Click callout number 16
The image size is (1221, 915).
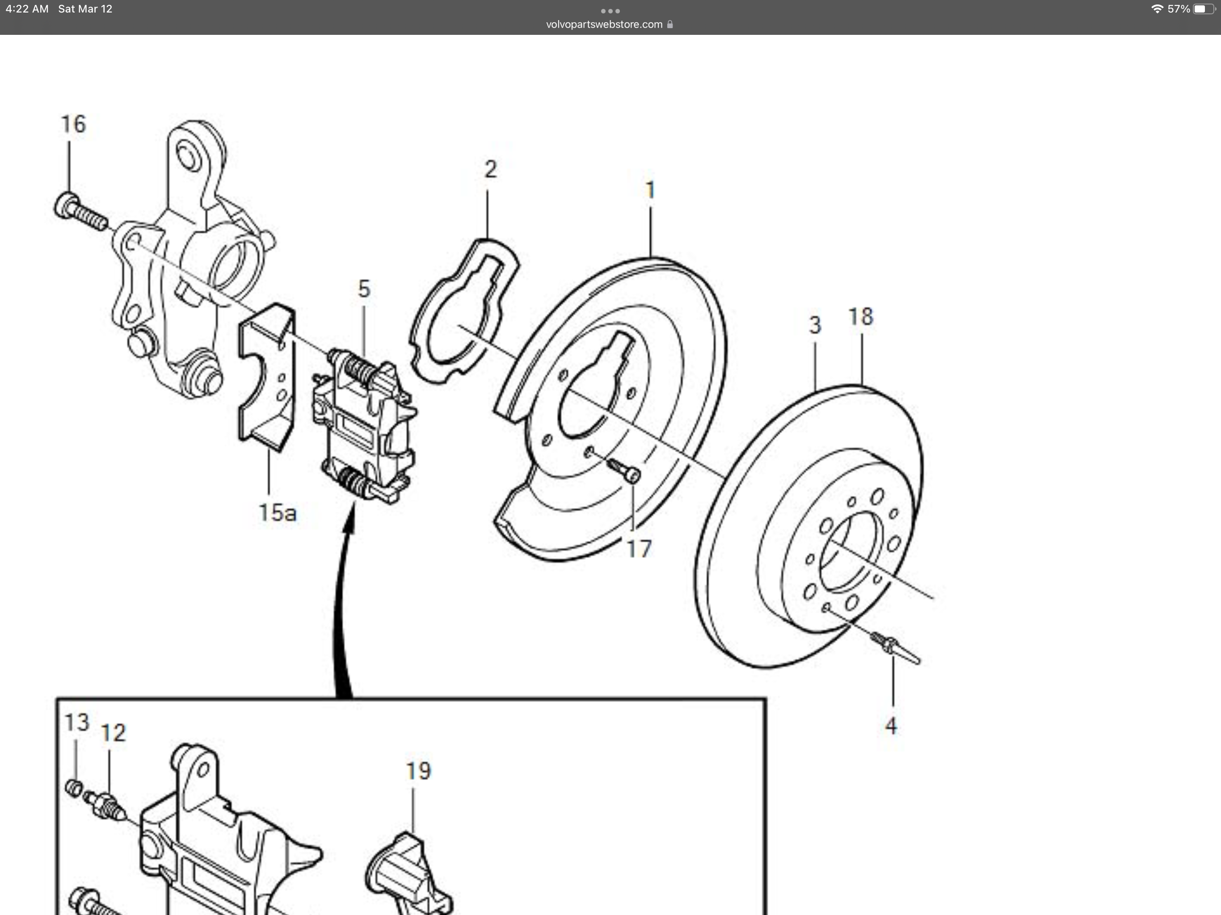pyautogui.click(x=73, y=125)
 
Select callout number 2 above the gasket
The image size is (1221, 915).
pyautogui.click(x=490, y=169)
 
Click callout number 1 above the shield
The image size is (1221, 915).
pyautogui.click(x=650, y=190)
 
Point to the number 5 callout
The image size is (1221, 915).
pyautogui.click(x=364, y=289)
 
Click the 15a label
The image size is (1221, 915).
pyautogui.click(x=278, y=513)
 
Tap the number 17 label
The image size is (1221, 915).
pyautogui.click(x=639, y=549)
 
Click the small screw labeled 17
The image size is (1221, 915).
pyautogui.click(x=624, y=470)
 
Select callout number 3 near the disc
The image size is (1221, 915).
pyautogui.click(x=815, y=325)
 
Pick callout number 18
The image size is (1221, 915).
pyautogui.click(x=860, y=317)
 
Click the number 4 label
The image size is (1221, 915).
pyautogui.click(x=891, y=726)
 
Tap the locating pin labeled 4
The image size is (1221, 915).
pyautogui.click(x=894, y=648)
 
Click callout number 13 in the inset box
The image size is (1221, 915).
pyautogui.click(x=77, y=722)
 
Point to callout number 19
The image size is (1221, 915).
pyautogui.click(x=418, y=771)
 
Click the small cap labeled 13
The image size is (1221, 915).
pyautogui.click(x=74, y=788)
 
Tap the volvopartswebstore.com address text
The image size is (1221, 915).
pyautogui.click(x=604, y=24)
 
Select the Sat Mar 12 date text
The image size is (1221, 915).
pyautogui.click(x=85, y=9)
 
